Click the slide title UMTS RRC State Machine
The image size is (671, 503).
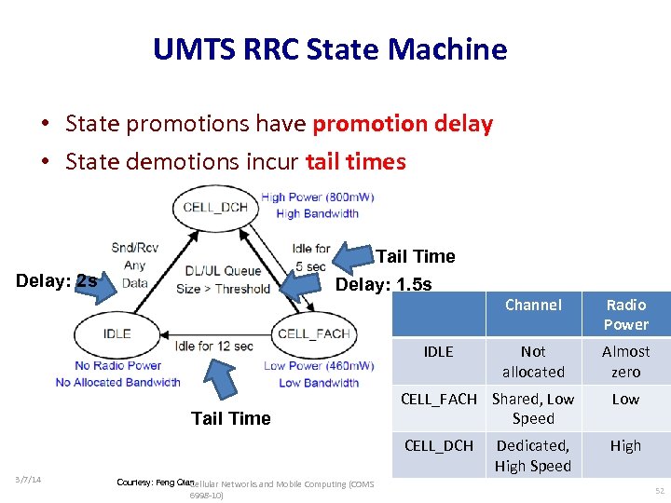(x=330, y=48)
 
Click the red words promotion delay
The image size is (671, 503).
(x=403, y=124)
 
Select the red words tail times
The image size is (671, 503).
(x=355, y=162)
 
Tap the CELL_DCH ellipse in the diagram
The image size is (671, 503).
(x=215, y=207)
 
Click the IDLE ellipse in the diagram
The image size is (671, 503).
(x=117, y=333)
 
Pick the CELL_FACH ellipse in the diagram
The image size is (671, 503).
(x=313, y=333)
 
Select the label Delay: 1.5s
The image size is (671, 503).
(x=383, y=284)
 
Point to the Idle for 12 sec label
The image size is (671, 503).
(x=213, y=347)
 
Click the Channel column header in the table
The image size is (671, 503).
(x=533, y=306)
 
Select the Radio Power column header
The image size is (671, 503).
(x=625, y=315)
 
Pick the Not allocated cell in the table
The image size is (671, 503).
(x=533, y=361)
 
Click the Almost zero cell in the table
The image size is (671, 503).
(x=625, y=361)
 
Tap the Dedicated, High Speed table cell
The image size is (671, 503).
(x=533, y=455)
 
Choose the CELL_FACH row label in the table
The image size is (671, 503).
(x=438, y=399)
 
